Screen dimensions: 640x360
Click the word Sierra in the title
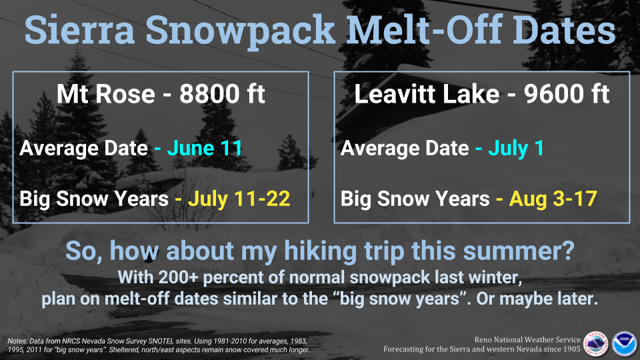pos(79,30)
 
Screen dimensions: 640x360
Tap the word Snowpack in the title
pos(241,33)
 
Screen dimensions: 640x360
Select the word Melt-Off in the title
pos(424,30)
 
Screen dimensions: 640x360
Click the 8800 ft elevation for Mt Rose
pos(222,94)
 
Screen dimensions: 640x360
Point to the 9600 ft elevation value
pos(567,94)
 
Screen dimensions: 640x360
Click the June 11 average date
pos(205,148)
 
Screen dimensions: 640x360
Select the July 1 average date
pos(516,148)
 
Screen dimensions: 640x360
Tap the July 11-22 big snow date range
pos(239,199)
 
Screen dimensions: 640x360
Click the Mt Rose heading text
pos(106,94)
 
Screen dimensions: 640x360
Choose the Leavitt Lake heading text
pos(427,94)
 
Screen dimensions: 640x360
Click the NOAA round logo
pos(624,344)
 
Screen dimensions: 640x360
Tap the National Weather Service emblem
pos(595,344)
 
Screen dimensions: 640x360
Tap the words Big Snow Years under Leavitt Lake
pos(415,199)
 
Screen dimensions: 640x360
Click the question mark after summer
pos(569,250)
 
